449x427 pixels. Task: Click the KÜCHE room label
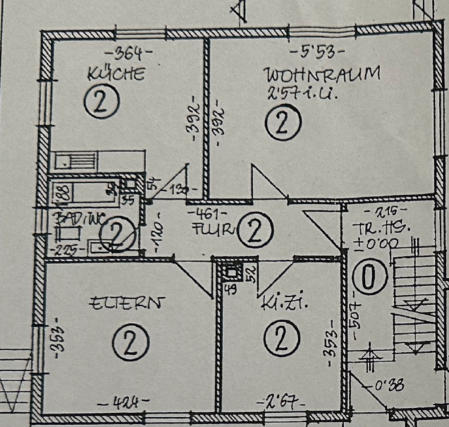coord(116,74)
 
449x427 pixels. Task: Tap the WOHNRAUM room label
coord(322,74)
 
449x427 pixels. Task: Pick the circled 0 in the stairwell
coord(365,278)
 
